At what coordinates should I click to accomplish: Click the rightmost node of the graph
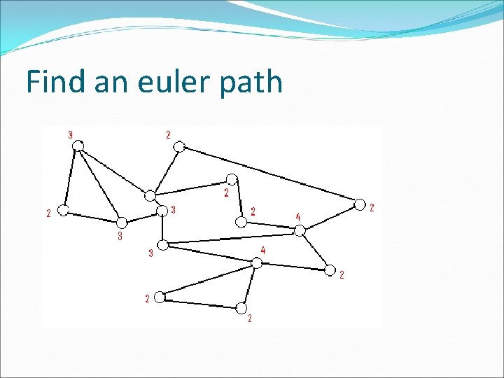[x=359, y=205]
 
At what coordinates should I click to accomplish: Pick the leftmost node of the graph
[x=64, y=210]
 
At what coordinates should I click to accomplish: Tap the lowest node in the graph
[x=242, y=307]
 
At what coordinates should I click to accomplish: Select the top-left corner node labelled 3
[x=78, y=146]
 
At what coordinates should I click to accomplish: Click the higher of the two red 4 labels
[x=297, y=218]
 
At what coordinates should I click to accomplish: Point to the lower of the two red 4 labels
[x=263, y=250]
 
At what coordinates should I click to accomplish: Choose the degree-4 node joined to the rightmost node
[x=300, y=230]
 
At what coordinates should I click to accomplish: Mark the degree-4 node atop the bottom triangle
[x=257, y=262]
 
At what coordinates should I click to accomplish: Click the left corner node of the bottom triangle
[x=159, y=297]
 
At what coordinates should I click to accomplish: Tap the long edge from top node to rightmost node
[x=269, y=176]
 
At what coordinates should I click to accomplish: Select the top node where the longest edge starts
[x=179, y=146]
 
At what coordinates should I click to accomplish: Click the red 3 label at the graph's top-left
[x=70, y=134]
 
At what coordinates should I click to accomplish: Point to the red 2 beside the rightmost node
[x=372, y=208]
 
